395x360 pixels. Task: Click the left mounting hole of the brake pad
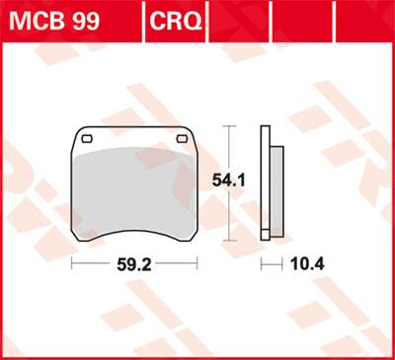click(x=86, y=138)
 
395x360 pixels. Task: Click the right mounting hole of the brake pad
click(x=181, y=138)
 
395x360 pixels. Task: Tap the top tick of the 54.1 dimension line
click(x=229, y=126)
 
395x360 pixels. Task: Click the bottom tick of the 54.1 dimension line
click(x=229, y=241)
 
